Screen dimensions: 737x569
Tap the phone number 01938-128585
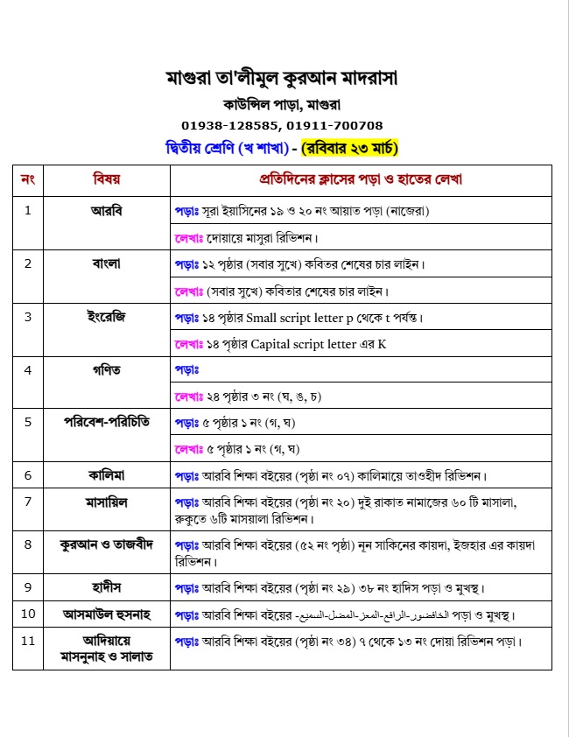tap(231, 125)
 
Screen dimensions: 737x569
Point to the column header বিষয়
tap(106, 179)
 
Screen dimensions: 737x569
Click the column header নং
tap(28, 179)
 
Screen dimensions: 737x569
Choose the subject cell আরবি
tap(106, 211)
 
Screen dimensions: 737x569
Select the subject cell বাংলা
tap(106, 263)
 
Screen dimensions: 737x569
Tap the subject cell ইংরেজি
tap(106, 317)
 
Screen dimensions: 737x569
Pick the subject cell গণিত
tap(106, 369)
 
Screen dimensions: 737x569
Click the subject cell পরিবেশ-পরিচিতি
tap(106, 422)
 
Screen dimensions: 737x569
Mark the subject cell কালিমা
tap(106, 475)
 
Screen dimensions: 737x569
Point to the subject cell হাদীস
tap(106, 586)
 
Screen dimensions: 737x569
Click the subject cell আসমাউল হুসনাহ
tap(106, 615)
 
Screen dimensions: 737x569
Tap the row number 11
tap(28, 641)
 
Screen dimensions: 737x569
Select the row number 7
tap(28, 502)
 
